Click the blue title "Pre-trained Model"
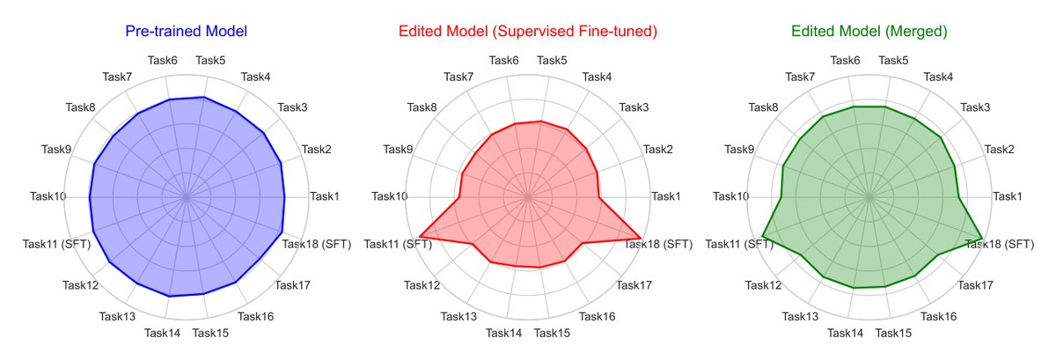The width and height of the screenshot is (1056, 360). pos(187,31)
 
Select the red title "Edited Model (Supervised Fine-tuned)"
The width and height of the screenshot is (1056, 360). pos(527,31)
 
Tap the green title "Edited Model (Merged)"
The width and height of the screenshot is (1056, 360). pos(869,31)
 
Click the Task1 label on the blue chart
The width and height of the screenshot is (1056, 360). pos(325,195)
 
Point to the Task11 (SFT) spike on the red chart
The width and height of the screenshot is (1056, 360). pos(420,235)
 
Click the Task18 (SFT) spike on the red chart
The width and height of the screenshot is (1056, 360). pos(641,239)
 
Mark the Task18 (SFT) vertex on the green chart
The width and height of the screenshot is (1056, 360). pos(982,239)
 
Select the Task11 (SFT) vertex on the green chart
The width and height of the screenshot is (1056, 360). pos(762,235)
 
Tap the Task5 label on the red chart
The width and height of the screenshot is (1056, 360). pos(552,61)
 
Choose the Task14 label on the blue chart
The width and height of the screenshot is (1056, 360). pos(162,333)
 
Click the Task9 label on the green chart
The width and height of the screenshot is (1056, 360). pos(738,149)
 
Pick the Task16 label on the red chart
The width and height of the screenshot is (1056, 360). pos(597,317)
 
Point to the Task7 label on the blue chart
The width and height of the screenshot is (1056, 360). pos(117,77)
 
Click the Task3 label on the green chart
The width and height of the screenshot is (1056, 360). pos(975,107)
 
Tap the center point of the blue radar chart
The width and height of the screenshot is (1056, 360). pos(187,197)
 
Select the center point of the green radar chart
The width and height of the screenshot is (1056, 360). pos(869,197)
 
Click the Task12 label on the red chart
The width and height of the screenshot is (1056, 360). pos(422,285)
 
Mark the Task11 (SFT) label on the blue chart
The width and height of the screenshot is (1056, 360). pos(56,244)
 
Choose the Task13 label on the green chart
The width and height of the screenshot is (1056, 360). pos(800,317)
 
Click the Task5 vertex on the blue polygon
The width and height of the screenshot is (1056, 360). pos(203,97)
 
